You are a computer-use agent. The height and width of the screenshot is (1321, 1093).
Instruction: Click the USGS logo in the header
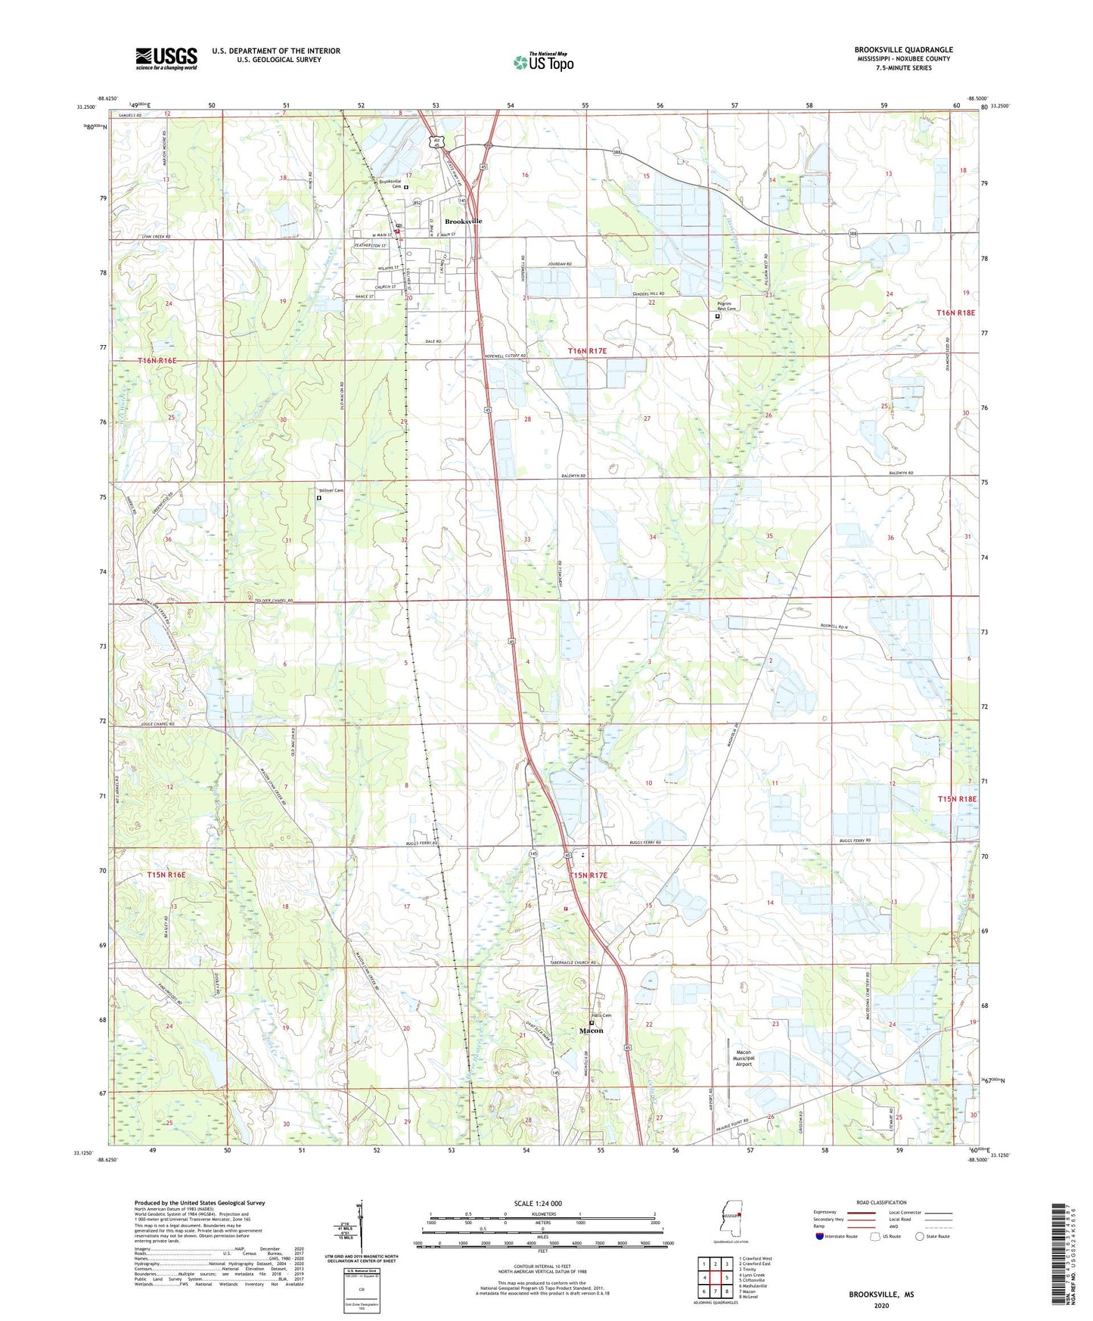click(166, 58)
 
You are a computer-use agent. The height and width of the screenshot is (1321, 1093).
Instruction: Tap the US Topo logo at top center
click(543, 62)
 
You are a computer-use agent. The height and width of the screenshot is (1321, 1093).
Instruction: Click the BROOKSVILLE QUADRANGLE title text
click(903, 50)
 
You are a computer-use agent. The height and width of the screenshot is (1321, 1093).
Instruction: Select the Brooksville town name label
click(463, 221)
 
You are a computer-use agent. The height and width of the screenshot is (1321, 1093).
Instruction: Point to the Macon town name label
click(591, 1030)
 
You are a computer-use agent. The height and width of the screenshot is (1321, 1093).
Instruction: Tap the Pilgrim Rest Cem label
click(726, 306)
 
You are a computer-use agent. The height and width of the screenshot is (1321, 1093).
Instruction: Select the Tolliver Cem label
click(330, 491)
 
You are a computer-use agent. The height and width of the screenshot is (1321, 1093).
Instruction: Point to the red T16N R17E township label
click(587, 351)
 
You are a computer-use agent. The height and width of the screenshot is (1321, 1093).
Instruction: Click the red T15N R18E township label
click(957, 799)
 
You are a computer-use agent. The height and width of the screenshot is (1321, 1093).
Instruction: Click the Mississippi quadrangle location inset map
click(730, 1219)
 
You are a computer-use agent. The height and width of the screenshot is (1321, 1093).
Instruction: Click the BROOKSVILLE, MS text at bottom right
click(880, 1295)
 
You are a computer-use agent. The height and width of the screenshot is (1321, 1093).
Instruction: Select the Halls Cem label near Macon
click(601, 1015)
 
